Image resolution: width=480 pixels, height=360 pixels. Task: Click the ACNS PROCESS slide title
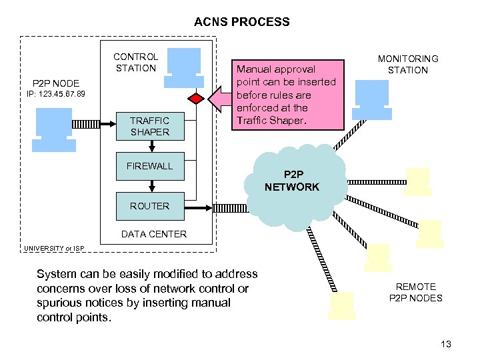[241, 22]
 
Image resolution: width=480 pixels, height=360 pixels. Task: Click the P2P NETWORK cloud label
[292, 181]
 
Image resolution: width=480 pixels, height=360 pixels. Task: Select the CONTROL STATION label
[136, 62]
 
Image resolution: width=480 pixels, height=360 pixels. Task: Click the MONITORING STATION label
[408, 64]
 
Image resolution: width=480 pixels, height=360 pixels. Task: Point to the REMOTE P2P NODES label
[415, 292]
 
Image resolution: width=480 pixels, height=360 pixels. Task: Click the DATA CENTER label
[153, 234]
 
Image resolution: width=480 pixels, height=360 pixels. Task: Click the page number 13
[446, 344]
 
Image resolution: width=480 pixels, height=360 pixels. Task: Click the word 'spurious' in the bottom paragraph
[58, 302]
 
